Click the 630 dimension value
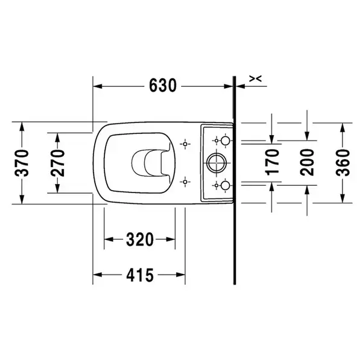162,86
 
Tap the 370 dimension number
22,163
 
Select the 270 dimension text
58,163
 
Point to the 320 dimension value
140,240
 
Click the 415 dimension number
140,275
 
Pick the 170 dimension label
273,162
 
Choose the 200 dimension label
307,162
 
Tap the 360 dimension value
343,163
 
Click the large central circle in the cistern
217,163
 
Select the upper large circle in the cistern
225,141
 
